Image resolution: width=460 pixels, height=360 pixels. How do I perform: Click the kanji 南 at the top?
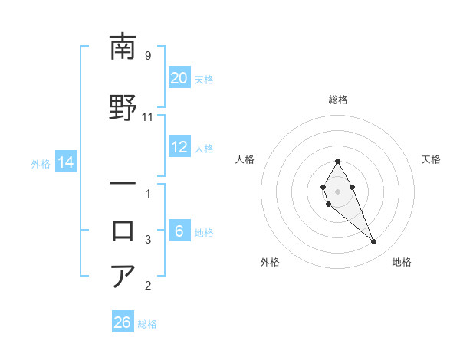pos(123,47)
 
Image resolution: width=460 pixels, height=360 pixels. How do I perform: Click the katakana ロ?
pos(123,230)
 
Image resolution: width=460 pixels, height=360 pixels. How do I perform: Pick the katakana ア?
pos(123,276)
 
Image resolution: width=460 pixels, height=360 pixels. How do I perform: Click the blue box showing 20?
pos(179,78)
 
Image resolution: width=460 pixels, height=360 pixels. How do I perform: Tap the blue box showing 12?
pos(179,148)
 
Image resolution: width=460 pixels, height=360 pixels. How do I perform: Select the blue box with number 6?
pos(179,232)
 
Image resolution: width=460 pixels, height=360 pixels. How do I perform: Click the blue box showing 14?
pos(65,162)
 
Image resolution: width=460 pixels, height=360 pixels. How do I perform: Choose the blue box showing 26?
pos(123,322)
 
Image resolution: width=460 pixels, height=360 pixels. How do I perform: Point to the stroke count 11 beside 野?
pos(148,117)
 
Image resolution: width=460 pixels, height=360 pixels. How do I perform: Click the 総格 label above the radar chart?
pos(337,100)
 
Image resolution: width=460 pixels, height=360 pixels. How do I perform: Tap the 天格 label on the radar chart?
pos(431,159)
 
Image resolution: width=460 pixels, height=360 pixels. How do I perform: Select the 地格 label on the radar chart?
pos(402,262)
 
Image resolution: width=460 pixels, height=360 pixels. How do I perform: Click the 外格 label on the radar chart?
pos(270,262)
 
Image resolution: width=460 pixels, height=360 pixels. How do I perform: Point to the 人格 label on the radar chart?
pos(245,159)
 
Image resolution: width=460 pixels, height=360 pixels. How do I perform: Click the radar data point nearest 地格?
pos(373,242)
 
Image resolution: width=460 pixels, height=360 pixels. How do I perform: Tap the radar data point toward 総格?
pos(337,161)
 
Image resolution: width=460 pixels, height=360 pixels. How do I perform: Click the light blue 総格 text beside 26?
pos(147,324)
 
